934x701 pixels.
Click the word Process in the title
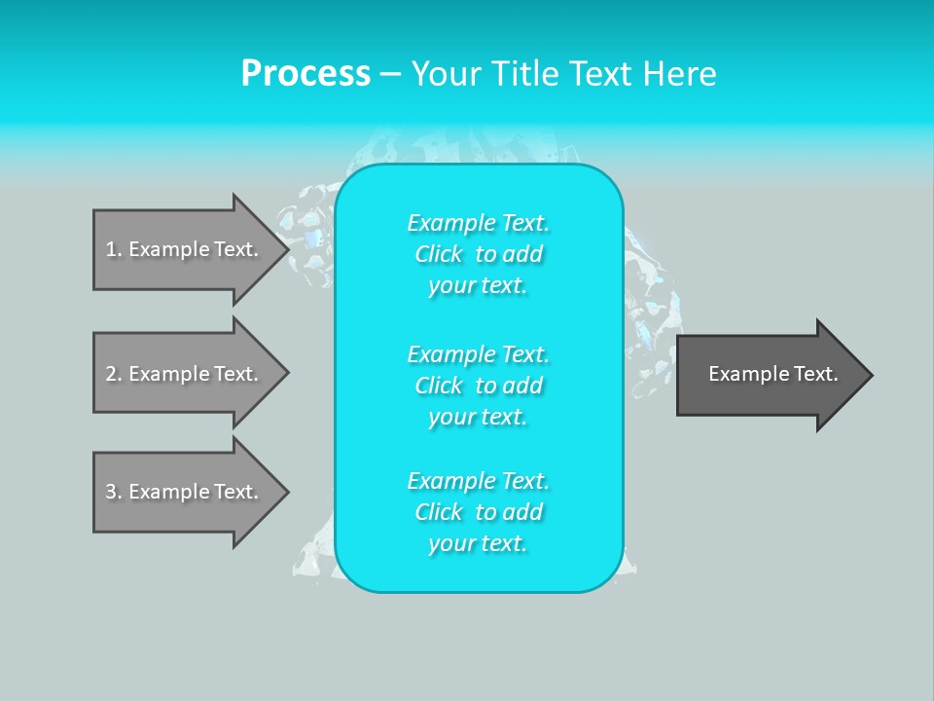pyautogui.click(x=305, y=74)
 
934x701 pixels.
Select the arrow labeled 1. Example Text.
pyautogui.click(x=182, y=249)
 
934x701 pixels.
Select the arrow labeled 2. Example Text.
pyautogui.click(x=182, y=374)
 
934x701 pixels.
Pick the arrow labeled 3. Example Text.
pyautogui.click(x=182, y=492)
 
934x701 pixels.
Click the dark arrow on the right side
pyautogui.click(x=769, y=375)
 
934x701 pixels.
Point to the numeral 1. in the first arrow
pyautogui.click(x=114, y=249)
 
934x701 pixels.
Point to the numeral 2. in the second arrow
pyautogui.click(x=114, y=374)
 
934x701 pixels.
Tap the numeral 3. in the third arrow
pyautogui.click(x=114, y=492)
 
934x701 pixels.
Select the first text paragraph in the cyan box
pyautogui.click(x=478, y=254)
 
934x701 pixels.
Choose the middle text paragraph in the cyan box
pyautogui.click(x=478, y=385)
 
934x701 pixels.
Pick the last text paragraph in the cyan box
pyautogui.click(x=478, y=512)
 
